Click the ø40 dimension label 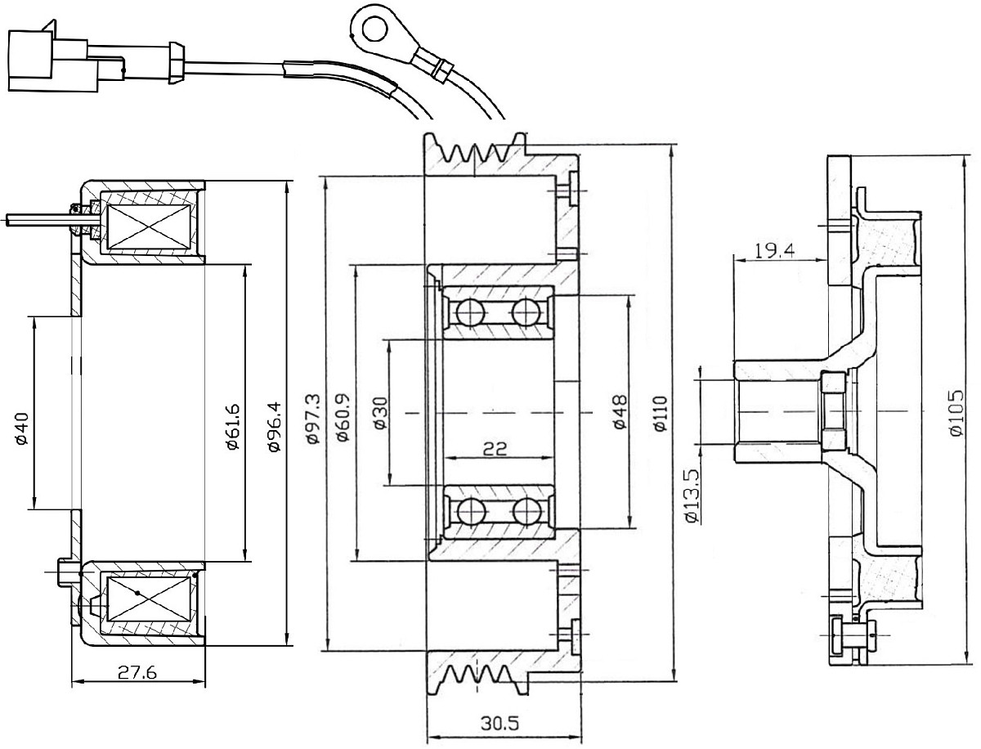(x=21, y=429)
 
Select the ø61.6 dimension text (x=234, y=426)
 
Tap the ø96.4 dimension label (x=275, y=426)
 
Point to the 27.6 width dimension (x=137, y=673)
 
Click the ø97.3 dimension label (x=313, y=419)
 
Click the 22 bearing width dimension (x=495, y=448)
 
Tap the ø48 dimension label (x=620, y=412)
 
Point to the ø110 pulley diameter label (x=660, y=414)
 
